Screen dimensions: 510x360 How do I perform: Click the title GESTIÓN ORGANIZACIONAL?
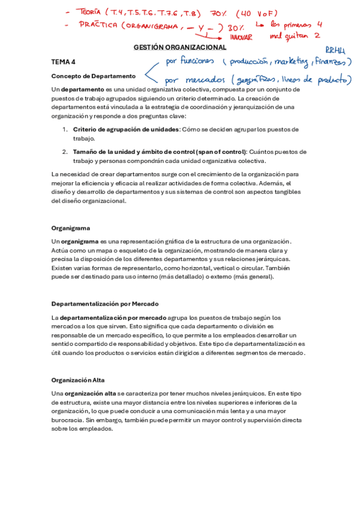click(180, 48)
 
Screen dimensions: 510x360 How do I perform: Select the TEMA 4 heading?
click(63, 62)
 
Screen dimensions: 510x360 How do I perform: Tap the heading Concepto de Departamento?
click(93, 76)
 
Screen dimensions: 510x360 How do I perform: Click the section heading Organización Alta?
click(78, 380)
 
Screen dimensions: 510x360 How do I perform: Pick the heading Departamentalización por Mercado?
click(105, 304)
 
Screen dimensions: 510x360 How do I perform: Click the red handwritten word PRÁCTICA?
click(99, 25)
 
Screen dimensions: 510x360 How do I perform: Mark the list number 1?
click(65, 129)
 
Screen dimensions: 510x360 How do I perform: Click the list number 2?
click(65, 152)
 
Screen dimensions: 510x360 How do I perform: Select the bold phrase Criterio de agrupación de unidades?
click(126, 129)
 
